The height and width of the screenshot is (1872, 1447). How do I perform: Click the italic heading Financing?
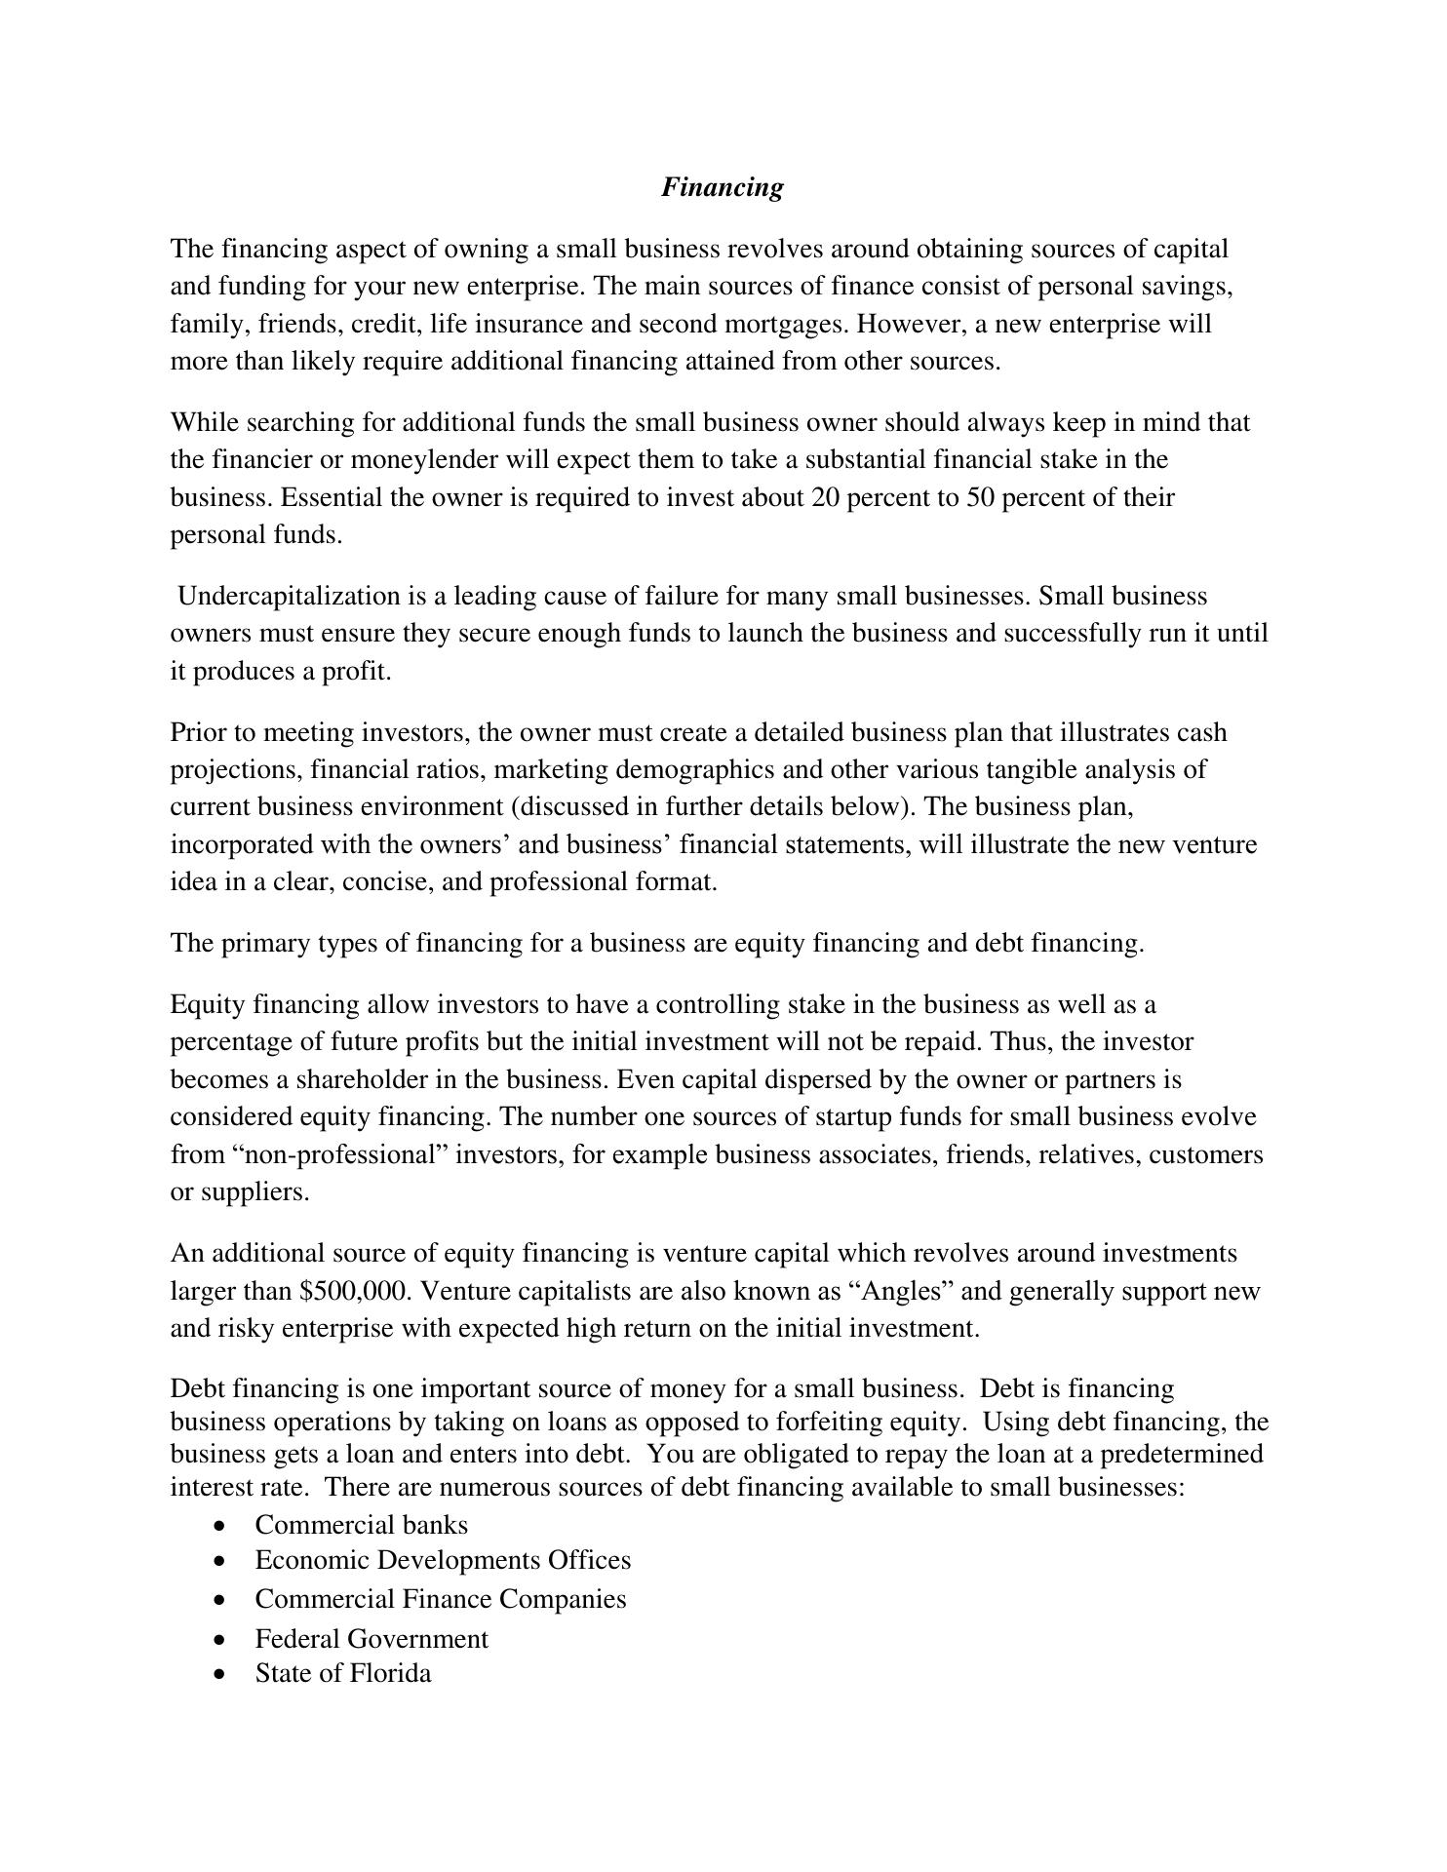coord(722,187)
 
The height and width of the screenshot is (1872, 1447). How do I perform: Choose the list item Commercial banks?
coord(361,1526)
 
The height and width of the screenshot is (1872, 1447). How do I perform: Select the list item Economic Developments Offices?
coord(443,1561)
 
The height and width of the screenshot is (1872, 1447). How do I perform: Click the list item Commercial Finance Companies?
coord(441,1600)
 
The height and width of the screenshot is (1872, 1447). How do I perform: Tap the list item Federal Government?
coord(372,1639)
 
